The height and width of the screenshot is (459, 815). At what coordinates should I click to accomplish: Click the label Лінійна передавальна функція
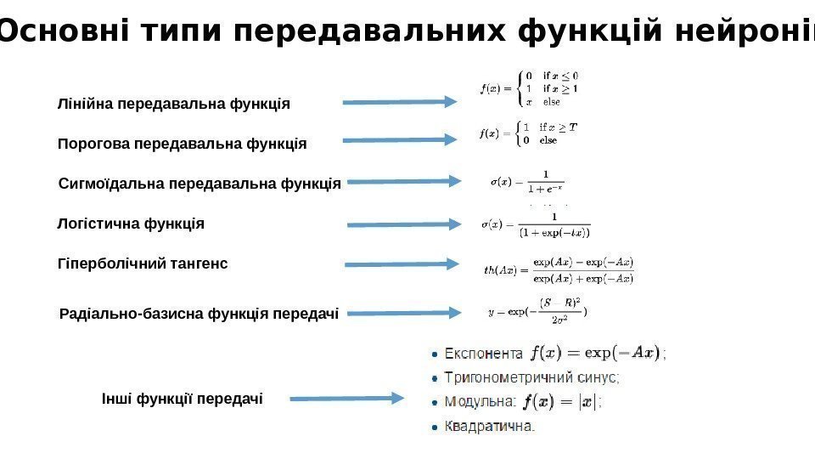tap(174, 105)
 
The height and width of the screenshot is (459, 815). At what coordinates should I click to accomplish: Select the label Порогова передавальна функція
tap(182, 144)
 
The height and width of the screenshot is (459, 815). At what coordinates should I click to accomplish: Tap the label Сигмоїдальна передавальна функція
tap(200, 183)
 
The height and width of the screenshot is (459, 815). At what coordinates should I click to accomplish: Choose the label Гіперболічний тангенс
tap(143, 264)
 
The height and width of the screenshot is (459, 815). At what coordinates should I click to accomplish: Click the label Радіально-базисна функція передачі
tap(200, 314)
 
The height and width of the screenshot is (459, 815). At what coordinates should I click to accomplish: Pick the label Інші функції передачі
tap(183, 398)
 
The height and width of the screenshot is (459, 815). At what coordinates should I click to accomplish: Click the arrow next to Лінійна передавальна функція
tap(399, 103)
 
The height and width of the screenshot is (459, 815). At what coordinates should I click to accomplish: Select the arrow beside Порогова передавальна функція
tap(399, 140)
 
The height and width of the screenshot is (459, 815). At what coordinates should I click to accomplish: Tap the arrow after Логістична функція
tap(404, 224)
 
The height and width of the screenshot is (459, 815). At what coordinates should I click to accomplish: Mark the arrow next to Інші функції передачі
tap(346, 398)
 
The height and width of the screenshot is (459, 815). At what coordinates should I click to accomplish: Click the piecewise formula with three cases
tap(529, 88)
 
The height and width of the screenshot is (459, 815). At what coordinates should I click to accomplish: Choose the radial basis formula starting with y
tap(537, 311)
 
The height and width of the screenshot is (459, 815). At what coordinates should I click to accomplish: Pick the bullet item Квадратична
tap(491, 426)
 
